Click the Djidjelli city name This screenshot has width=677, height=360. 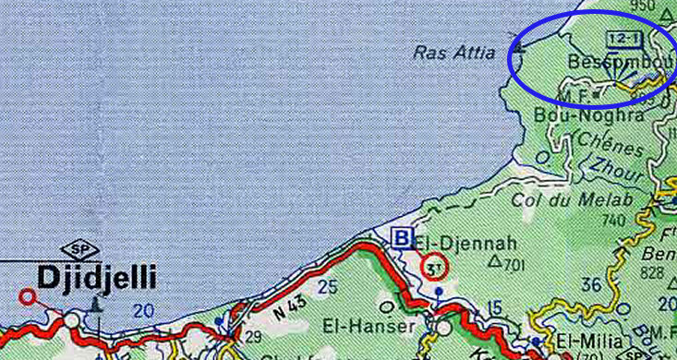point(97,278)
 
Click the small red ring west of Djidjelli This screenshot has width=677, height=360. point(28,296)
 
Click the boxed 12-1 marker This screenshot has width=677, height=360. point(623,38)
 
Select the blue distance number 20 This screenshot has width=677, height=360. point(142,311)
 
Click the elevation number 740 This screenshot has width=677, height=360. point(613,220)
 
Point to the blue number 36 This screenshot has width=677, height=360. point(585,284)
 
